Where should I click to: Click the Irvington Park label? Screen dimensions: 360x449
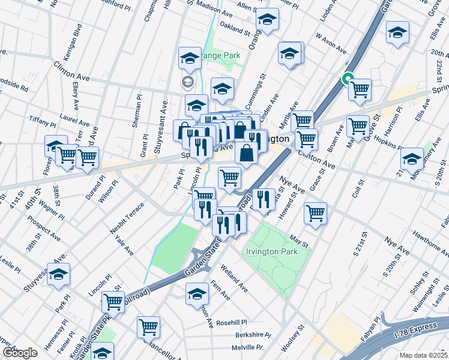point(271,252)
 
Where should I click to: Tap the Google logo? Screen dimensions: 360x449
point(20,353)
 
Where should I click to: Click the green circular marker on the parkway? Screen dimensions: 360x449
point(347,78)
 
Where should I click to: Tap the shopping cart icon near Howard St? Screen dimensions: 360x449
point(315,212)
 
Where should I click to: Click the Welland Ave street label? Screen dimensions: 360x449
point(234,278)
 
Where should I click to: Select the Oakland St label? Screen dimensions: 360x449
point(235,27)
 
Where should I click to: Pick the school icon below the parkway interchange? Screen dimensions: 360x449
point(196,295)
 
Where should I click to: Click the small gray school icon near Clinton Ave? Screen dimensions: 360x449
point(187,81)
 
